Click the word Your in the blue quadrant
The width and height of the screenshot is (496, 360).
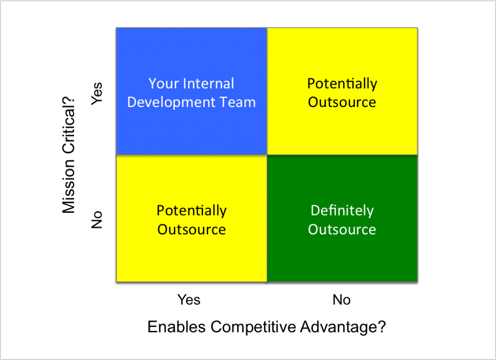pos(163,83)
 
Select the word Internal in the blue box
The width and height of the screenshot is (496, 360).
pos(209,83)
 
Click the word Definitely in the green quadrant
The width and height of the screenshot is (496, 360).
pos(342,211)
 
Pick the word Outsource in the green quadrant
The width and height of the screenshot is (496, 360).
pos(342,230)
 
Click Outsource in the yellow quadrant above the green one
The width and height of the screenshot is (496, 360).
pos(342,102)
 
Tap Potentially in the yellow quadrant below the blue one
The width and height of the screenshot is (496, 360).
pos(192,211)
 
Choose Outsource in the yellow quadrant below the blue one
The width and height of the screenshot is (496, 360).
pos(192,230)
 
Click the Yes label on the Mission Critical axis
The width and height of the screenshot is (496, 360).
pos(97,94)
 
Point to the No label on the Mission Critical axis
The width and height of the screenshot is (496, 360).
pos(97,219)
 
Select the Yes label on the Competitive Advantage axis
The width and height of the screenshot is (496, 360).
pos(189,299)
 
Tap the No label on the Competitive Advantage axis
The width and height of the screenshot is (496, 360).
pos(341,299)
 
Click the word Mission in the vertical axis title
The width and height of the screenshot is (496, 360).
pos(68,187)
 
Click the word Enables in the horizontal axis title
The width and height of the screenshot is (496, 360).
pos(176,327)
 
